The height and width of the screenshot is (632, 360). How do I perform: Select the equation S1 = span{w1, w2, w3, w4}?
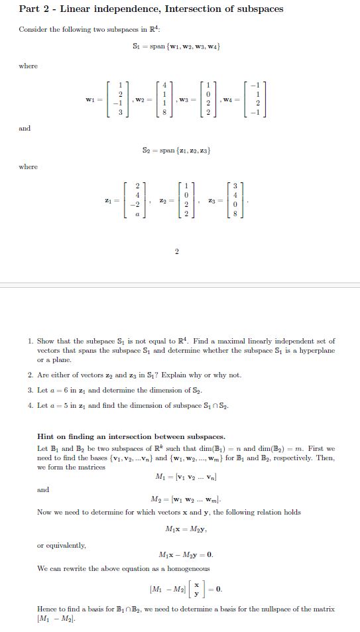click(176, 46)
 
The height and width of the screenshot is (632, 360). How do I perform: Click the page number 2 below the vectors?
click(177, 251)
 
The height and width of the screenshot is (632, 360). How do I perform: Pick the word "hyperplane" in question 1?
click(316, 350)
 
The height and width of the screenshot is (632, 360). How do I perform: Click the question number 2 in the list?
click(30, 375)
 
